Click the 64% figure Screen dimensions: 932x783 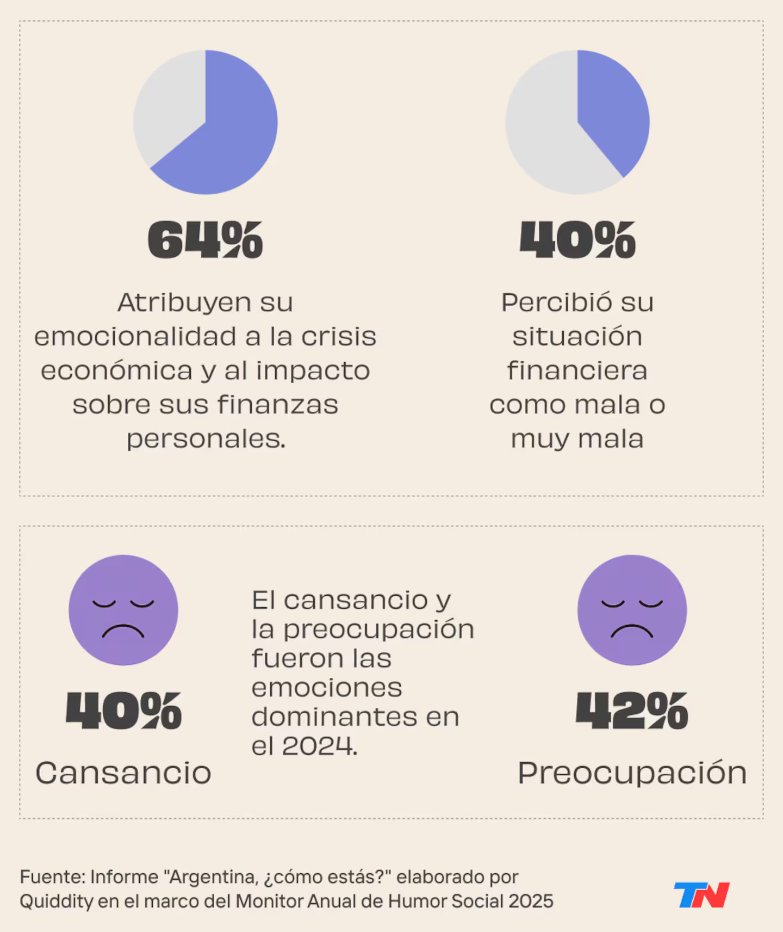(205, 239)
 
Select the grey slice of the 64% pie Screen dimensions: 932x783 (169, 103)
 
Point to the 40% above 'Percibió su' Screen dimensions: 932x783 (577, 239)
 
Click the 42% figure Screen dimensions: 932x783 (632, 711)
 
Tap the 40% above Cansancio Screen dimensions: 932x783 (123, 711)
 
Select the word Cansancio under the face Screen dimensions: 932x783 (123, 773)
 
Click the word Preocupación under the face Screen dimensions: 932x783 (632, 773)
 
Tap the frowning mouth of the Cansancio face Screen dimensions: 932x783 (123, 631)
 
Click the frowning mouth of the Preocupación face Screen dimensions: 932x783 (632, 631)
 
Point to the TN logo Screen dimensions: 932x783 (701, 895)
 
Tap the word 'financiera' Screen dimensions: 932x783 (577, 371)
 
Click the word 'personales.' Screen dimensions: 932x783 (206, 439)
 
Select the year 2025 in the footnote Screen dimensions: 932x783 (531, 902)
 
